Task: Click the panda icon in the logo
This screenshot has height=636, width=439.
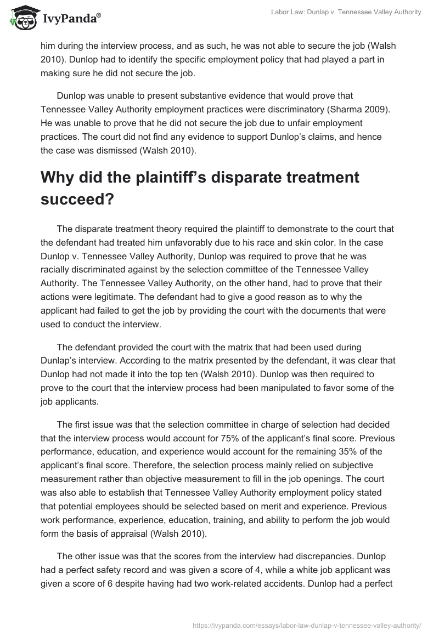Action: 21,20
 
